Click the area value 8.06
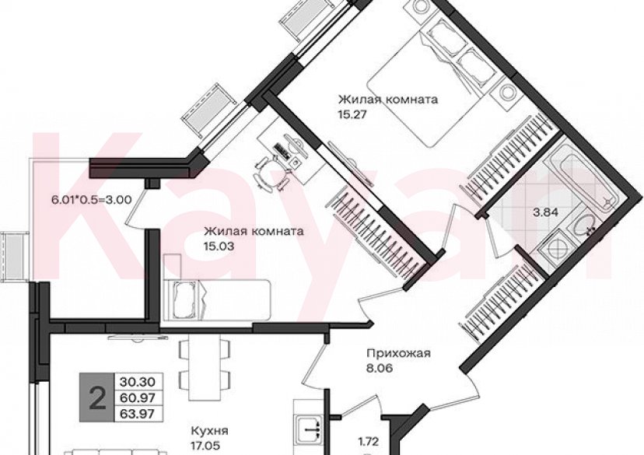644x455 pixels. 380,369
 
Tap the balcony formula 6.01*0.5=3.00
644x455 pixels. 91,199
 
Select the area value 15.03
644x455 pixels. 219,246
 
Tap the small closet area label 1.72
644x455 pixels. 368,443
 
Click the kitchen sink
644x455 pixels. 311,426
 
